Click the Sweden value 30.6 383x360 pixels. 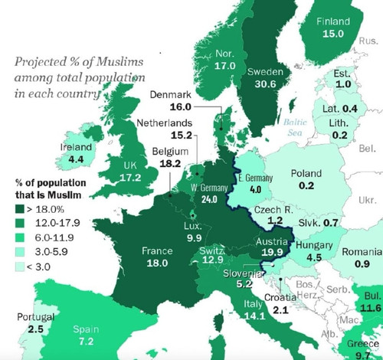pos(265,84)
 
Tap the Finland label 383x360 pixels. pos(333,21)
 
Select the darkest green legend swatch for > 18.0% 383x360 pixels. pos(20,209)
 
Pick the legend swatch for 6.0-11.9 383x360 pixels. pos(20,237)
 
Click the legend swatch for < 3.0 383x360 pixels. pos(20,267)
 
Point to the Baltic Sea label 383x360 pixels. pos(295,127)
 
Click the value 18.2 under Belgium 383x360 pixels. pos(170,163)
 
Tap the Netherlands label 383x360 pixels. pos(165,123)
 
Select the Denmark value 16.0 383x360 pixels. pos(181,106)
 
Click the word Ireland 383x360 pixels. pos(76,147)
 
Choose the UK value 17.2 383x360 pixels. pos(130,178)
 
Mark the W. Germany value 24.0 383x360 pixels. pos(209,199)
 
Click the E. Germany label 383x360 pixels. pos(255,178)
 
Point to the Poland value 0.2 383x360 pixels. pos(306,185)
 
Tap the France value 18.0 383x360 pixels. pos(157,263)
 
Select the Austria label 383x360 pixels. pos(272,241)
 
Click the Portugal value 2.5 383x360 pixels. pos(35,329)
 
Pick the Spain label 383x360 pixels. pos(86,329)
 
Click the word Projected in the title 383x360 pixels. pos(41,62)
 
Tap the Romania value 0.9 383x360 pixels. pos(362,263)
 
